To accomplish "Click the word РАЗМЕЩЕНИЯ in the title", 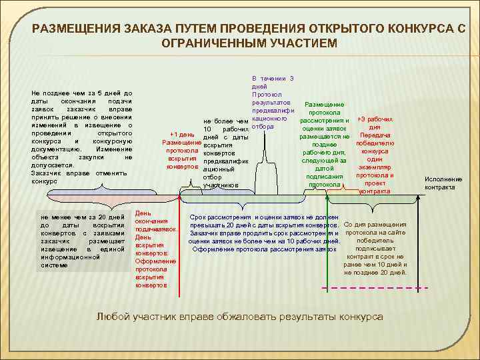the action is tap(73, 29).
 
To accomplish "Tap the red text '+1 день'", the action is tap(183, 134).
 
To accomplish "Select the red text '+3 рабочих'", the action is tap(375, 119).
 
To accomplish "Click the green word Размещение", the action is tap(324, 105).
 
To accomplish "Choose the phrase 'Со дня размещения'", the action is tap(375, 225).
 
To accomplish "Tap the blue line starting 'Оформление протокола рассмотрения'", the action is tap(263, 249).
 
